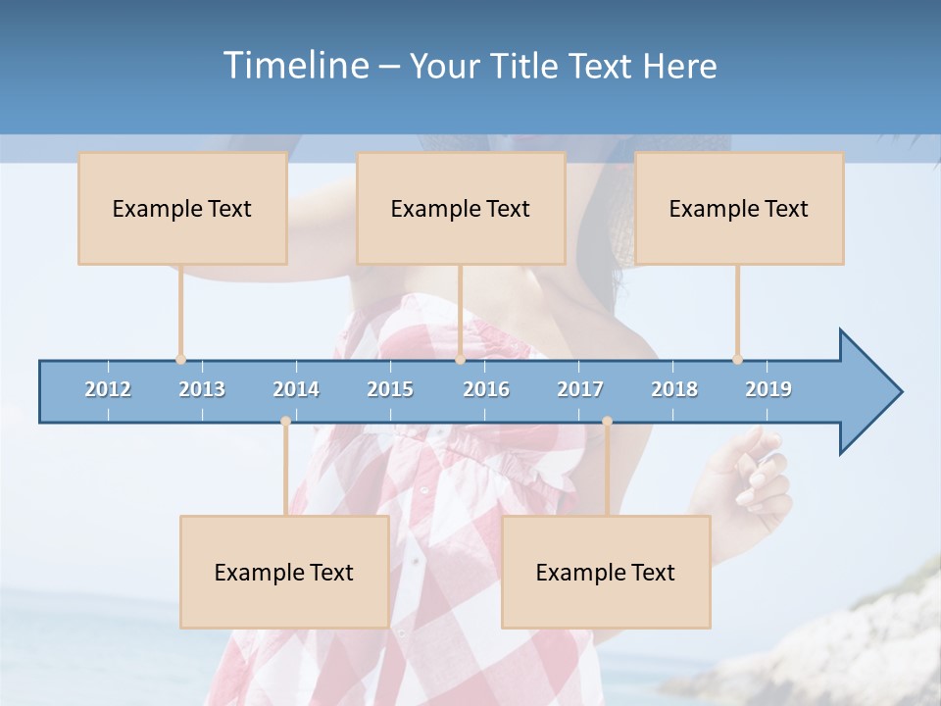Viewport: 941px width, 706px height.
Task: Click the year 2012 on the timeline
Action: tap(108, 389)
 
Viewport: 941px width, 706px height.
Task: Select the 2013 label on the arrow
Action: tap(202, 389)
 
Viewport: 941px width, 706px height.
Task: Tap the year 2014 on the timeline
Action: tap(296, 389)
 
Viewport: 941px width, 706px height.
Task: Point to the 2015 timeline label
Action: tap(390, 389)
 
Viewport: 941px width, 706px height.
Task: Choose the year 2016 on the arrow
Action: tap(486, 389)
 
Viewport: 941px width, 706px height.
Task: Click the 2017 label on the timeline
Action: tap(580, 389)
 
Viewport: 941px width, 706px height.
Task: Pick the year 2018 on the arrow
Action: tap(674, 389)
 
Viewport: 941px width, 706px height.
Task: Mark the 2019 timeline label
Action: tap(768, 389)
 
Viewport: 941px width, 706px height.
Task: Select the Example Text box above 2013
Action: tap(182, 208)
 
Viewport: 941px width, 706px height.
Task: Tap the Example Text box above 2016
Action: tap(461, 208)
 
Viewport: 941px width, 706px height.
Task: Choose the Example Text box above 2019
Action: tap(739, 208)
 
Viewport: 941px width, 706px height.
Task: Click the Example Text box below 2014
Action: tap(284, 572)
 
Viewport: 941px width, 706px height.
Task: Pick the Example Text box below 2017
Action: tap(606, 572)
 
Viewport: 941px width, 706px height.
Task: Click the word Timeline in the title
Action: tap(293, 66)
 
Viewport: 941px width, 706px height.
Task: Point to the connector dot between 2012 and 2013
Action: tap(180, 360)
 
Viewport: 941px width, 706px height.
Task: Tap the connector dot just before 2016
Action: tap(460, 360)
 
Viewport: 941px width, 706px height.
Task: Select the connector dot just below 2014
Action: tap(285, 422)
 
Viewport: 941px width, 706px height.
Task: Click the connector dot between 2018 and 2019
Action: tap(737, 360)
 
